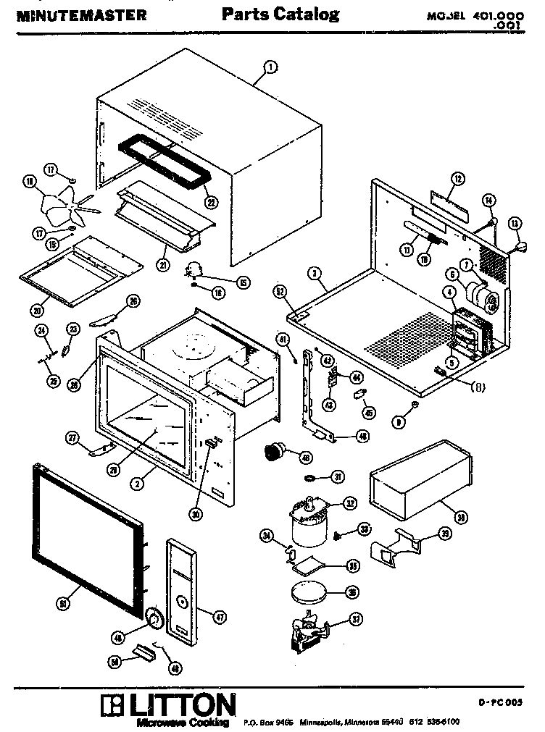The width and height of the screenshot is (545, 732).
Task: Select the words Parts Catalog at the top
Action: pyautogui.click(x=280, y=14)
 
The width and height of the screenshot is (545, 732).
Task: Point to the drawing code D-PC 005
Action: pyautogui.click(x=499, y=702)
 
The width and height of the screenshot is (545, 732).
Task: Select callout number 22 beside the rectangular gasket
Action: pyautogui.click(x=211, y=202)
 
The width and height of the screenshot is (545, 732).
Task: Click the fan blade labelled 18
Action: pyautogui.click(x=62, y=204)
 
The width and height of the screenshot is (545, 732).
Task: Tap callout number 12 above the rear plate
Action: pyautogui.click(x=457, y=178)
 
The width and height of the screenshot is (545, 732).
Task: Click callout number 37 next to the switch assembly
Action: pyautogui.click(x=355, y=619)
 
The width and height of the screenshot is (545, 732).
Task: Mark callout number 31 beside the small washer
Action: pyautogui.click(x=338, y=476)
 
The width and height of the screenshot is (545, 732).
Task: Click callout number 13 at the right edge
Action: pyautogui.click(x=515, y=224)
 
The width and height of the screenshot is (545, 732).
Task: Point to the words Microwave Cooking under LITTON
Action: pyautogui.click(x=183, y=722)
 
